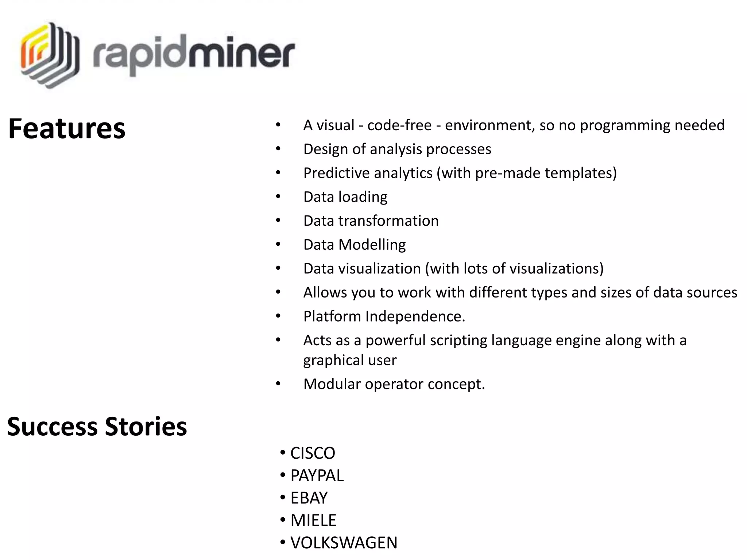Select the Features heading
point(67,128)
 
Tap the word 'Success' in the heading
point(52,426)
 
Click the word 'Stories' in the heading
point(146,426)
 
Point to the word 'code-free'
point(399,125)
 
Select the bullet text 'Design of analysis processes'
point(397,149)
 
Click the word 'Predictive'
point(336,173)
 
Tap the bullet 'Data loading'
point(345,197)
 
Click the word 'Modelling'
point(372,245)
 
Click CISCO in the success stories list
point(313,453)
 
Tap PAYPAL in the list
point(317,475)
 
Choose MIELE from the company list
point(313,520)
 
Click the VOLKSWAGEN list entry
point(344,542)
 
